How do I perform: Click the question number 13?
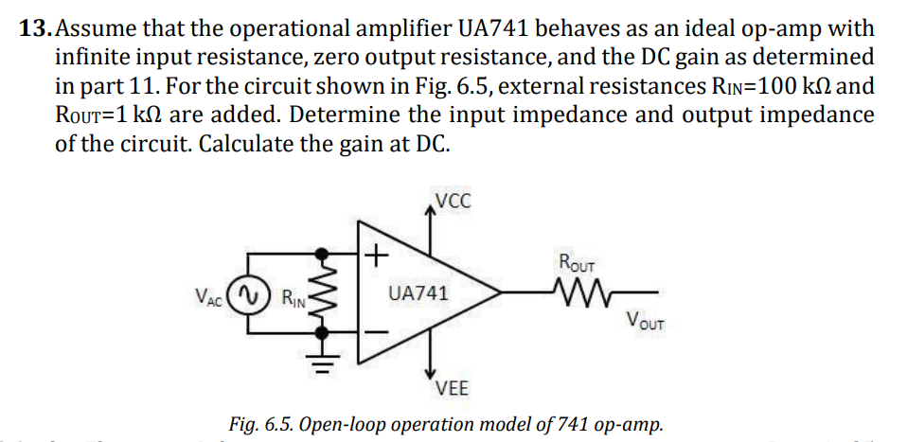35,27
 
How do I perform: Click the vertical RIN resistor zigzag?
324,293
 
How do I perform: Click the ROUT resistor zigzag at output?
574,292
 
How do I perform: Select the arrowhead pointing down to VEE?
432,375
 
